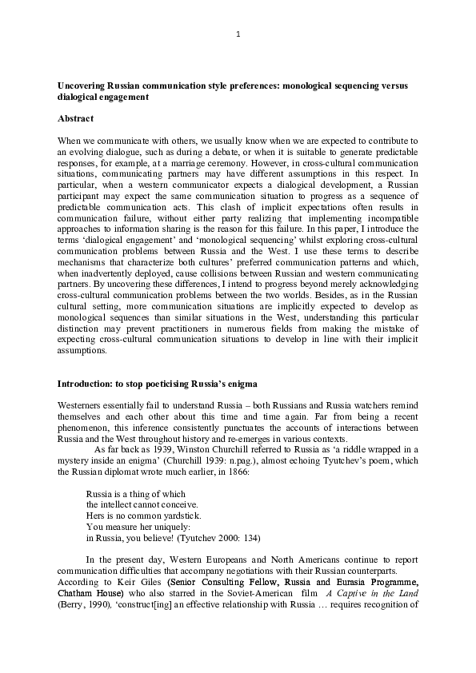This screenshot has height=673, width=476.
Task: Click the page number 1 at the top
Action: (238, 34)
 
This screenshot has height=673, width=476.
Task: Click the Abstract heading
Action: (75, 118)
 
